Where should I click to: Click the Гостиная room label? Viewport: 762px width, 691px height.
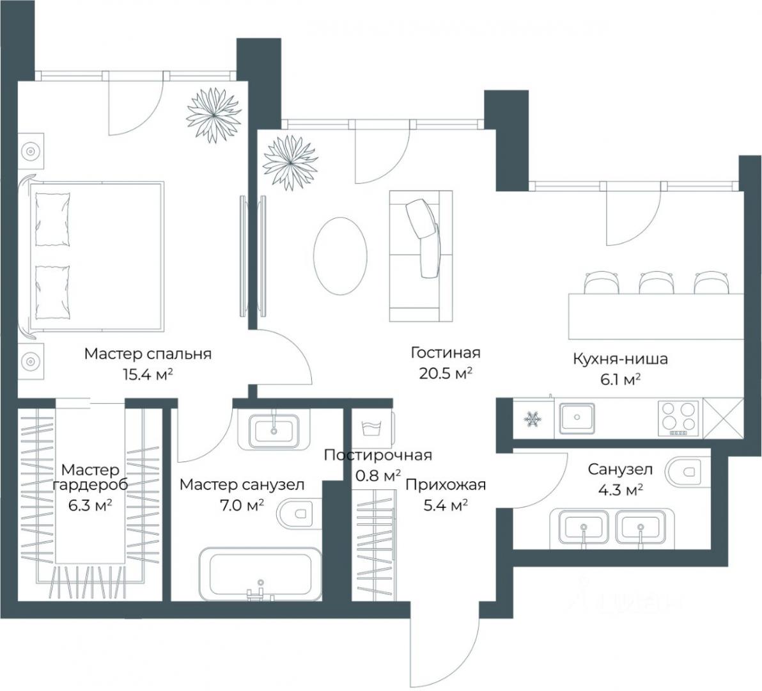click(x=445, y=353)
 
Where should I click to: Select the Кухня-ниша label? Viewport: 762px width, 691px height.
click(x=620, y=360)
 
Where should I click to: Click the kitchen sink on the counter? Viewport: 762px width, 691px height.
click(x=577, y=418)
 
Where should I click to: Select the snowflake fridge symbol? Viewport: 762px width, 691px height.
click(x=533, y=418)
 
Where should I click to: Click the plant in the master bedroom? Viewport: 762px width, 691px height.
click(x=214, y=115)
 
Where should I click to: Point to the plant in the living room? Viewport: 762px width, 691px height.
click(x=290, y=163)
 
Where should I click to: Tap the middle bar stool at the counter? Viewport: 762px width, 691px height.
click(x=656, y=283)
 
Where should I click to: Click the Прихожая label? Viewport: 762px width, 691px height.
click(x=446, y=485)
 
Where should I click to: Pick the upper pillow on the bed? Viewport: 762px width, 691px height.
click(x=52, y=219)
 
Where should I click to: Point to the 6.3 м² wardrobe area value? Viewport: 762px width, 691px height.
click(x=91, y=505)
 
